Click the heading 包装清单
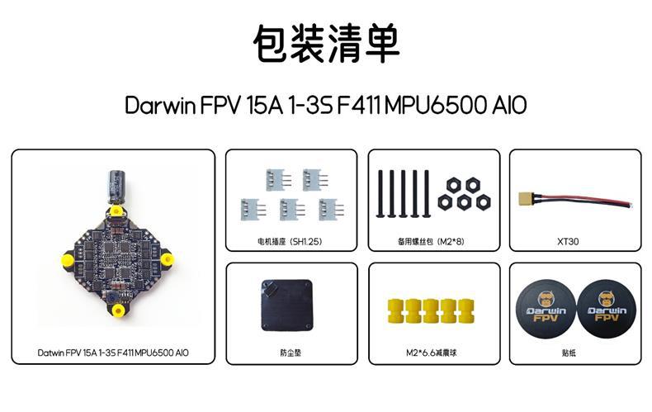tap(325, 44)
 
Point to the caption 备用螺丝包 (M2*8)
tap(433, 242)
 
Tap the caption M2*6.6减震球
tap(433, 353)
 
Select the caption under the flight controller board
tap(113, 353)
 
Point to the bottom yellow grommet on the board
tap(118, 311)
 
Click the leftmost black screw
tap(382, 192)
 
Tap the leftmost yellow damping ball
tap(394, 310)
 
